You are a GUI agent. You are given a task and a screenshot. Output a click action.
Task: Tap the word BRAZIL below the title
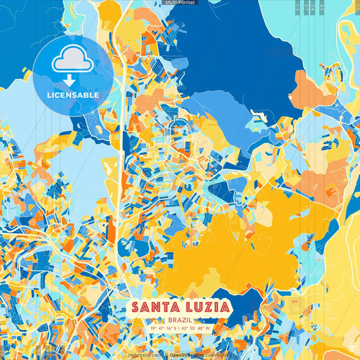180,320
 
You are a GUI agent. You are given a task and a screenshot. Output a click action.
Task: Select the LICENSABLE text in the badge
73,95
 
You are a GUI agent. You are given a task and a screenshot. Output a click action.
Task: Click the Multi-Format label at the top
180,3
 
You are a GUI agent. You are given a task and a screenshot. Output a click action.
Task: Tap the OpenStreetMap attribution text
187,355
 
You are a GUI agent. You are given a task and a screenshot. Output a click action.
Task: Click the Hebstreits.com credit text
145,355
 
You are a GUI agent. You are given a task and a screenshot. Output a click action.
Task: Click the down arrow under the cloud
70,80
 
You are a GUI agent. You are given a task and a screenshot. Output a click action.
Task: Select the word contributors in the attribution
217,355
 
